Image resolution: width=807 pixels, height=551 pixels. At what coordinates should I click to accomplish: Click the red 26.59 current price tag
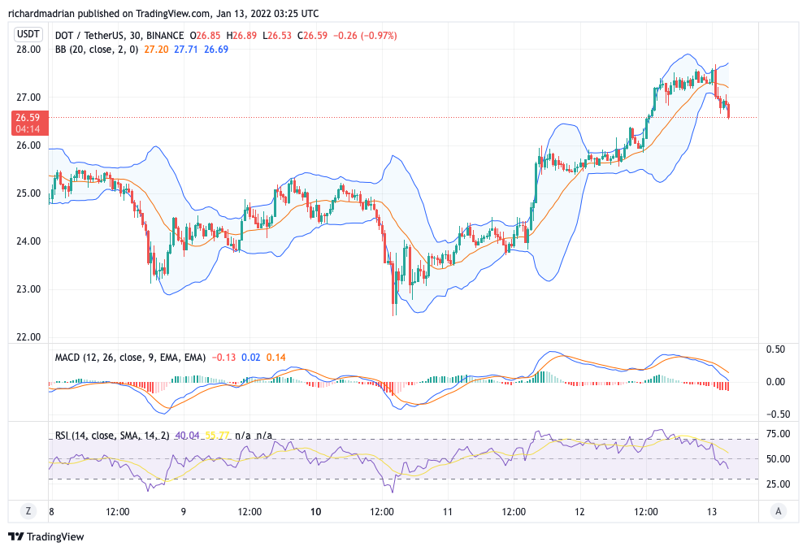(x=29, y=123)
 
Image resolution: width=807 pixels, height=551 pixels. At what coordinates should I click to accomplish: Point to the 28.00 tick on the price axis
(x=28, y=50)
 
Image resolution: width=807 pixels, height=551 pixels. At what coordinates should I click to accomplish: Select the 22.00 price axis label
(x=28, y=337)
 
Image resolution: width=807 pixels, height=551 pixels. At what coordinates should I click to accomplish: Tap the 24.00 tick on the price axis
(x=28, y=241)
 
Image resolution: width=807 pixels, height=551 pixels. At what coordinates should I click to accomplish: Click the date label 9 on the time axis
(x=184, y=512)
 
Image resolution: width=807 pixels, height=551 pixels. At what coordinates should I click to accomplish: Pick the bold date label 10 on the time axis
(x=316, y=512)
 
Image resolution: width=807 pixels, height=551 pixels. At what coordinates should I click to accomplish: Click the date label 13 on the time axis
(x=712, y=512)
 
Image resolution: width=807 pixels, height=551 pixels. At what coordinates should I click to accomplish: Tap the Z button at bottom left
(x=28, y=511)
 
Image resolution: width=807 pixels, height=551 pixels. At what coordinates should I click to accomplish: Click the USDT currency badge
(x=29, y=34)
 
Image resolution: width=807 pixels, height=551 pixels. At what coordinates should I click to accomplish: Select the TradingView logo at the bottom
(x=46, y=536)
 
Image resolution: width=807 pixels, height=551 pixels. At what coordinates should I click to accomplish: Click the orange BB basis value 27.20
(x=156, y=50)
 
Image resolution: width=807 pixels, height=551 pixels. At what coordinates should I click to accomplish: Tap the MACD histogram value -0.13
(x=224, y=358)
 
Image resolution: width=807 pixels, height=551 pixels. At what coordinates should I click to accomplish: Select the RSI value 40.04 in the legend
(x=182, y=436)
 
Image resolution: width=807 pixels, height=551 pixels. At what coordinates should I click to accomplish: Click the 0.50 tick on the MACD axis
(x=776, y=349)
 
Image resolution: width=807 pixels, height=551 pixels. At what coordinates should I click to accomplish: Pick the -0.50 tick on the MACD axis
(x=774, y=413)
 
